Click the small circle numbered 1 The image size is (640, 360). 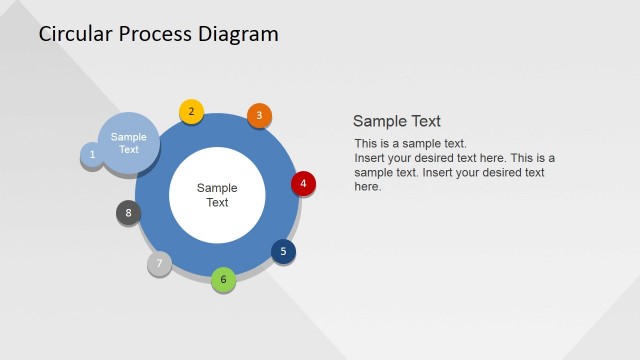coord(92,155)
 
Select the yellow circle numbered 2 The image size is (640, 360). coord(191,112)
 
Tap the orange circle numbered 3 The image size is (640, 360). coord(259,116)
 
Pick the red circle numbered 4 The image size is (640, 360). coord(303,184)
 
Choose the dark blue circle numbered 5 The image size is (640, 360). coord(283,251)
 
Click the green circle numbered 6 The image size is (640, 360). coord(224,279)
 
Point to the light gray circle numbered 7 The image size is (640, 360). coord(159,263)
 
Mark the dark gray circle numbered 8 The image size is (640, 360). coord(128,212)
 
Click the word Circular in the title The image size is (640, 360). coord(77,34)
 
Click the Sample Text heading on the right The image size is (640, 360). coord(397,121)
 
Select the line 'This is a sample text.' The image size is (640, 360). coord(410,144)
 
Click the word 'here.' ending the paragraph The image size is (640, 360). coord(368,186)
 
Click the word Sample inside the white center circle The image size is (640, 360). coord(217,187)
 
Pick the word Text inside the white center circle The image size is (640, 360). coord(217,202)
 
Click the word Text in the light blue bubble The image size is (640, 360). coord(129,150)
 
